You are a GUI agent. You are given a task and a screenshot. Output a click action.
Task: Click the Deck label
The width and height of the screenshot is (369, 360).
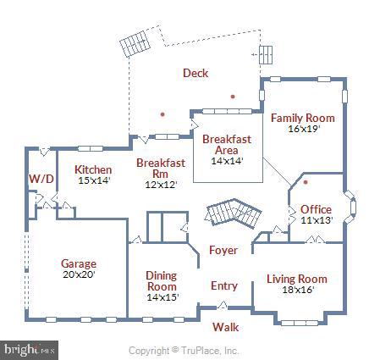[x=196, y=73]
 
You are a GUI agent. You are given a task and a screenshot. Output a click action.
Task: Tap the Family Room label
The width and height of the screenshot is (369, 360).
[x=303, y=118]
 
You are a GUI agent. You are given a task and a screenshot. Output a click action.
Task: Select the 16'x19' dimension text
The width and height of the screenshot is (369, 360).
[x=304, y=129]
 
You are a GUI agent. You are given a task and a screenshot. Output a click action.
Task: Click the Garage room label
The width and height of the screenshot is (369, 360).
[x=79, y=264]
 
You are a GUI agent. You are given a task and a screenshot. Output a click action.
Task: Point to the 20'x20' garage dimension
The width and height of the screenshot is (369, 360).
[x=79, y=274]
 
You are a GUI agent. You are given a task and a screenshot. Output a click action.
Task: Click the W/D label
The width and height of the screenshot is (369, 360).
[x=41, y=179]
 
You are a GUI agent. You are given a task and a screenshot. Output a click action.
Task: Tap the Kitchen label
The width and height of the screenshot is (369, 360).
[x=93, y=169]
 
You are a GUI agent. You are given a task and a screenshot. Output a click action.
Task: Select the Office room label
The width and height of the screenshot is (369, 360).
[x=316, y=209]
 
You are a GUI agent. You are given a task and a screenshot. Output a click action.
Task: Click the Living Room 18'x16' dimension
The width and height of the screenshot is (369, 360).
[x=299, y=290]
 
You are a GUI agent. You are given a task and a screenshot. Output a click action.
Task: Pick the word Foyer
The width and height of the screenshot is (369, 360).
[x=223, y=250]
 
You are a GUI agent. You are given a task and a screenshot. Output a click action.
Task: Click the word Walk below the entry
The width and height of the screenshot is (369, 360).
[x=225, y=327]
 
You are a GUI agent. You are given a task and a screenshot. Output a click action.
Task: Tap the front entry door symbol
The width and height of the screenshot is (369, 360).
[x=223, y=306]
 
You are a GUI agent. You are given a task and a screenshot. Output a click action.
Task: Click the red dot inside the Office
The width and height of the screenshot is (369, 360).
[x=306, y=182]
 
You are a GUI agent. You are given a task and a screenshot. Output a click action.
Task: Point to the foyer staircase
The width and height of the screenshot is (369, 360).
[x=234, y=213]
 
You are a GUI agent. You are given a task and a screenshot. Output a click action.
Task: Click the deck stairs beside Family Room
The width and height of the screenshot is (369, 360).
[x=266, y=54]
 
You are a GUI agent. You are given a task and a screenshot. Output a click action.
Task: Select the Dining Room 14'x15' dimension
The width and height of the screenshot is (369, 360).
[x=162, y=297]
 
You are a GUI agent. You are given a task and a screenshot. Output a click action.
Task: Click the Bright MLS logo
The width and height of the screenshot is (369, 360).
[x=29, y=351]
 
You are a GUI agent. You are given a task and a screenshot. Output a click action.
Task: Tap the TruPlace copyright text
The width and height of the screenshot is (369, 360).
[x=184, y=351]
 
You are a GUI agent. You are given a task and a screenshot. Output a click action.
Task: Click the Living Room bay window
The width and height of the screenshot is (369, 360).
[x=300, y=323]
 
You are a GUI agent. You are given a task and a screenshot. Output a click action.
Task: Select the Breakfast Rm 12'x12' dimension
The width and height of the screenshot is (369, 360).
[x=161, y=185]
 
